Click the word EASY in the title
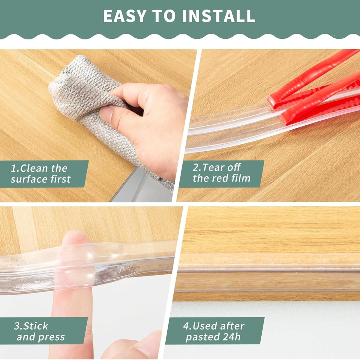click(x=125, y=16)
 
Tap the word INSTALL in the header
click(x=219, y=16)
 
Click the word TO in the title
click(x=164, y=16)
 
